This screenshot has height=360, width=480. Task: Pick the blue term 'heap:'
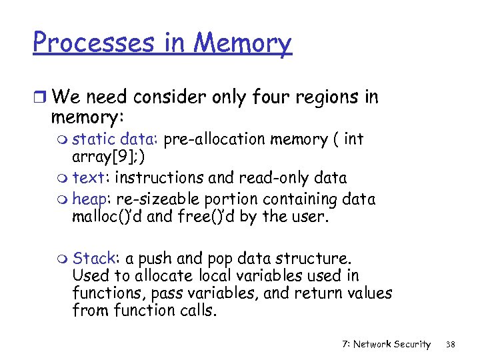(x=92, y=199)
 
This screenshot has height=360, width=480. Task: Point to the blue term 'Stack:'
(x=93, y=258)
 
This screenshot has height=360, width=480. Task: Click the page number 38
(x=450, y=344)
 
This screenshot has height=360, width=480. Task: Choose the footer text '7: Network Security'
(x=386, y=344)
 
